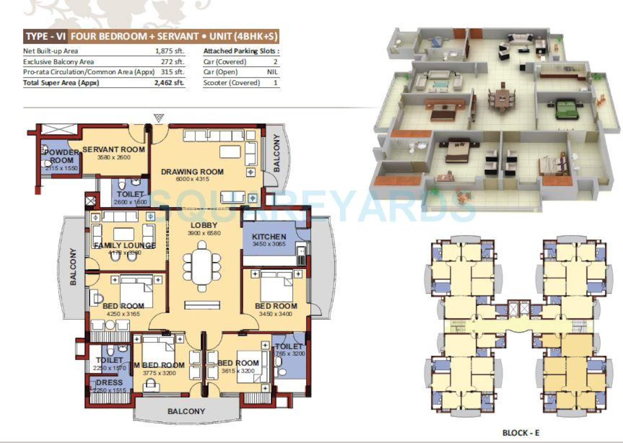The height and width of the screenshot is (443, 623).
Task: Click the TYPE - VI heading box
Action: tap(45, 36)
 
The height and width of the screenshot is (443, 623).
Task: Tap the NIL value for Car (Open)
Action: tap(272, 72)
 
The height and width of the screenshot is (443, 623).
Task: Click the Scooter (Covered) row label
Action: tap(231, 83)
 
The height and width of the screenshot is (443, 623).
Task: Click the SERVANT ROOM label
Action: tap(114, 149)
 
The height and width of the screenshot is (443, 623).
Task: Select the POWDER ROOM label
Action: tap(61, 156)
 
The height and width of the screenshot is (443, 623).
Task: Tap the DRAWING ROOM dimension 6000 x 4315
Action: tap(193, 179)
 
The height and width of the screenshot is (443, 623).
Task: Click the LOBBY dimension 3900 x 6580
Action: tap(204, 233)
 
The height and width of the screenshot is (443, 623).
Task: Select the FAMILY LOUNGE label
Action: tap(125, 246)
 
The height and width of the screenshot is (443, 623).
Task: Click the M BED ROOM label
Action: tap(160, 365)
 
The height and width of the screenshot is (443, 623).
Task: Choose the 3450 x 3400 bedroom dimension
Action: tap(275, 314)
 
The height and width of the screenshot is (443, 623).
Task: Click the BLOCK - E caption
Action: tap(521, 433)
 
